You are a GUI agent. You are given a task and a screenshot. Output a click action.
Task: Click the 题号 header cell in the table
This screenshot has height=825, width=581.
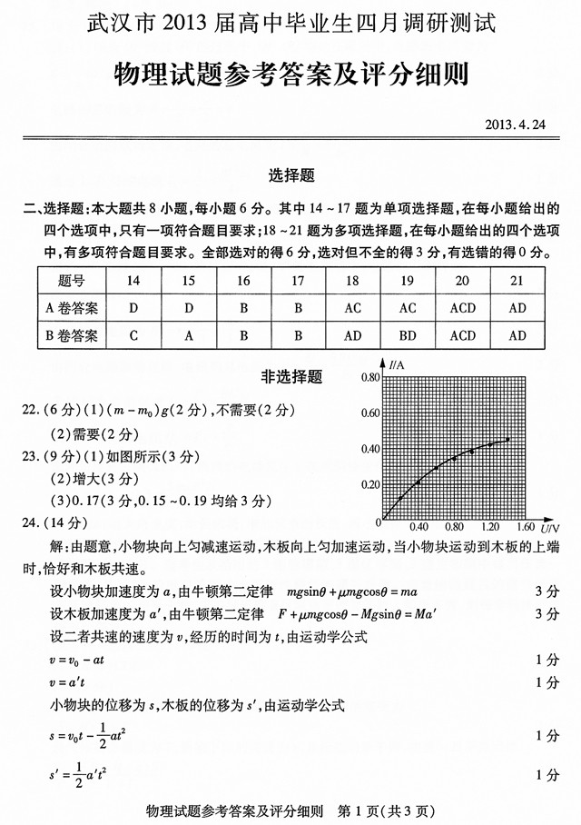(x=71, y=281)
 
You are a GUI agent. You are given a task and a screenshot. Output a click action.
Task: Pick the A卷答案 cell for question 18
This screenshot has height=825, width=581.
(x=352, y=308)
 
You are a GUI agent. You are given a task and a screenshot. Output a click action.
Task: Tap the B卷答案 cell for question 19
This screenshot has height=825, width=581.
(x=407, y=335)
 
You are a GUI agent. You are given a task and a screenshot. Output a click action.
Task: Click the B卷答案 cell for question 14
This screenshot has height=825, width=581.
(x=133, y=335)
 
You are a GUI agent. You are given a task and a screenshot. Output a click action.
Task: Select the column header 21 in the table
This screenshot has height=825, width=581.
(x=517, y=281)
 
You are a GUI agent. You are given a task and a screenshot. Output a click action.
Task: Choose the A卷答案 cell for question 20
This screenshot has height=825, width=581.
(x=462, y=308)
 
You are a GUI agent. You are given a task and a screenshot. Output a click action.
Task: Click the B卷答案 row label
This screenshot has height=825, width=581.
(x=71, y=335)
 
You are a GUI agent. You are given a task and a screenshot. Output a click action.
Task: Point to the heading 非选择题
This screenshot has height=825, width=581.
(x=291, y=376)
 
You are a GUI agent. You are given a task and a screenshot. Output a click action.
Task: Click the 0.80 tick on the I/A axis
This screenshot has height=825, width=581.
(x=369, y=376)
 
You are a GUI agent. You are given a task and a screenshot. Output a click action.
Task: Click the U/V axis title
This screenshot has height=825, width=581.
(x=549, y=527)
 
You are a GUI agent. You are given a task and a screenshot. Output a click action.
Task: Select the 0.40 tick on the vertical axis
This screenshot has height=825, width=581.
(x=369, y=449)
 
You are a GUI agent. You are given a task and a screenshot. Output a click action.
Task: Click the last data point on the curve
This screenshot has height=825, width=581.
(x=507, y=440)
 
